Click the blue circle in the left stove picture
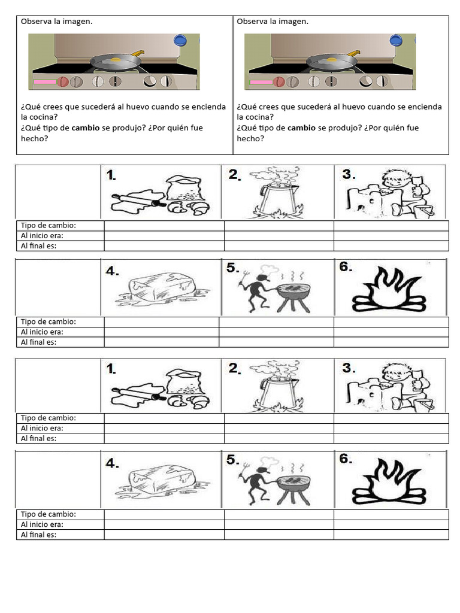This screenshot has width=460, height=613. (x=180, y=40)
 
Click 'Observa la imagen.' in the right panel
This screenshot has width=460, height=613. (x=273, y=22)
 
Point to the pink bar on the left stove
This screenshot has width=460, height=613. (x=44, y=82)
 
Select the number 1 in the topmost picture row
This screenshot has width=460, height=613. (x=111, y=175)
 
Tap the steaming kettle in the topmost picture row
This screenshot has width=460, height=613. (x=276, y=195)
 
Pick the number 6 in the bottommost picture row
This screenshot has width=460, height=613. (x=345, y=459)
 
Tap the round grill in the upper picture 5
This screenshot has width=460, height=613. (x=293, y=292)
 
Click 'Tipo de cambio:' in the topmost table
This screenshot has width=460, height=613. (x=49, y=226)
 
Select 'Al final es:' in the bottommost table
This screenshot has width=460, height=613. (x=38, y=535)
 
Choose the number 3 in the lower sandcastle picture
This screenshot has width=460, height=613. (x=349, y=367)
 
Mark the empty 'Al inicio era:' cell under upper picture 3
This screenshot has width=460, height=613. (x=391, y=236)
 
